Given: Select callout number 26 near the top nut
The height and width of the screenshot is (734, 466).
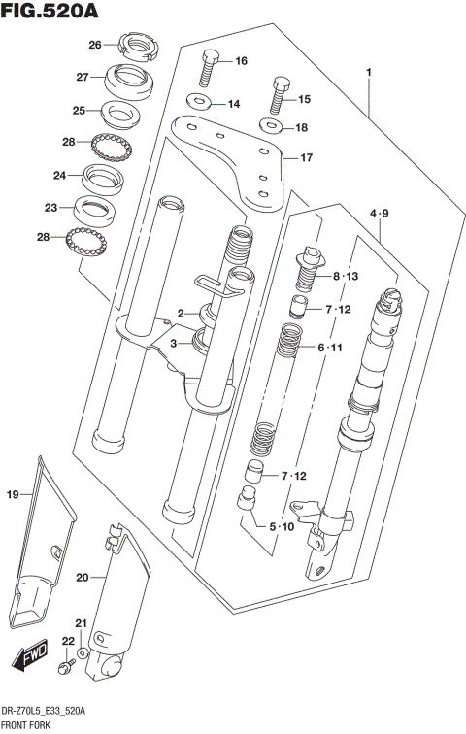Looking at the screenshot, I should click(x=95, y=45).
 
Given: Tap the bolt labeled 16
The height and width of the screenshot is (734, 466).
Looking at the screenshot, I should click(x=210, y=66).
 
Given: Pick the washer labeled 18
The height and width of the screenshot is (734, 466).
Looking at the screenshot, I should click(x=269, y=126).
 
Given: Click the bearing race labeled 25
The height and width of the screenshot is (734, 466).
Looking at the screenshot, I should click(x=121, y=114).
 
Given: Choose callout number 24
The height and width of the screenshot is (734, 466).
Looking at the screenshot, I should click(x=59, y=176).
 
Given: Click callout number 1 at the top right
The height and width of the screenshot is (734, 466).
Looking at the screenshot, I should click(x=369, y=72).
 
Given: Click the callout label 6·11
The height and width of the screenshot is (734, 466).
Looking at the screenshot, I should click(x=329, y=348).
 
